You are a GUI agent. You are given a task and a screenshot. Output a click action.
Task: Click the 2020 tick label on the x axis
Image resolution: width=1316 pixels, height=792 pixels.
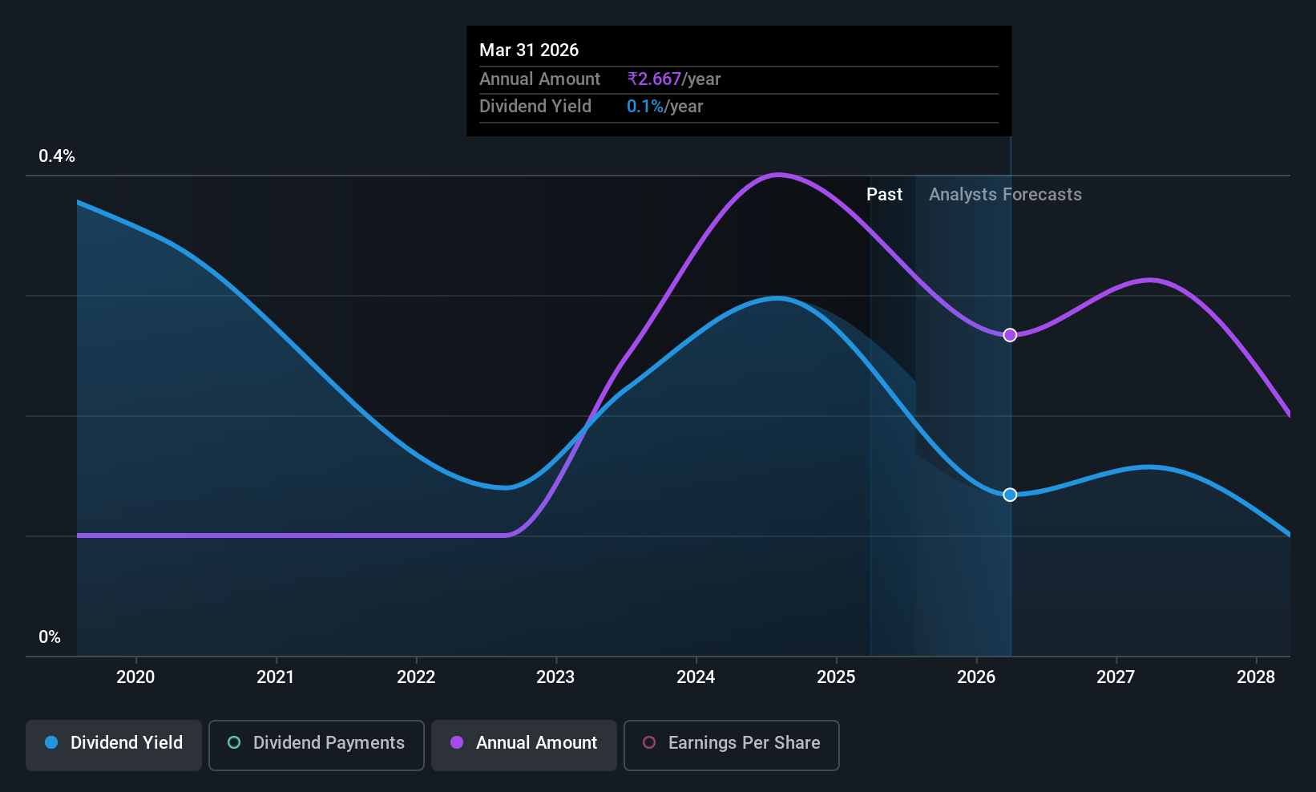coord(135,677)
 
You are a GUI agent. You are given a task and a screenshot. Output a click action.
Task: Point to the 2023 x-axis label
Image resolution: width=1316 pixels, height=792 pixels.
coord(555,677)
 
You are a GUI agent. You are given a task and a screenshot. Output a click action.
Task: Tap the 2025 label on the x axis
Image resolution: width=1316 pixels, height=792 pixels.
coord(836,677)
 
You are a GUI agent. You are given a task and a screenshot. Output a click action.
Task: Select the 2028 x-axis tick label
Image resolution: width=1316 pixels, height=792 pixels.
coord(1256,677)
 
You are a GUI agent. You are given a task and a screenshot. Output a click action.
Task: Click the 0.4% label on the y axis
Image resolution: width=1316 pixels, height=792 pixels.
coord(57,156)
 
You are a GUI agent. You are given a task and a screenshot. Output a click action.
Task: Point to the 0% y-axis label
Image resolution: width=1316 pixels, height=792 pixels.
coord(50,637)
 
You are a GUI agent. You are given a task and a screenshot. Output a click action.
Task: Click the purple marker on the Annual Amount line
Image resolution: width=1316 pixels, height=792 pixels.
coord(1010,335)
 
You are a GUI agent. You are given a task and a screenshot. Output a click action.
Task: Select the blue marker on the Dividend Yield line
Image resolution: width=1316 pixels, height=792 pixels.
coord(1010,495)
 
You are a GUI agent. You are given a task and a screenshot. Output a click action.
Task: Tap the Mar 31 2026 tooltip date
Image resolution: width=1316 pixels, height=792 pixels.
coord(529,50)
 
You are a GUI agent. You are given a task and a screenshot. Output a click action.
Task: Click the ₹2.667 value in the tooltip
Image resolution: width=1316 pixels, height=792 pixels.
coord(654,79)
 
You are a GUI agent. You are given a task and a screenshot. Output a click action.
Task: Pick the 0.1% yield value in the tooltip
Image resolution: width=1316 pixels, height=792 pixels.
coord(645,107)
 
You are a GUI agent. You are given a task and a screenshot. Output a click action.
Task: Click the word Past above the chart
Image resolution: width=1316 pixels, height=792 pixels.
coord(884,195)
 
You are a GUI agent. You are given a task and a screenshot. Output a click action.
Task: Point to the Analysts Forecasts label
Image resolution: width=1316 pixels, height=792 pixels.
coord(1005,195)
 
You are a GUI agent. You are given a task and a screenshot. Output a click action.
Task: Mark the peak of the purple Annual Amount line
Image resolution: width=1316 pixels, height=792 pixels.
coord(778,175)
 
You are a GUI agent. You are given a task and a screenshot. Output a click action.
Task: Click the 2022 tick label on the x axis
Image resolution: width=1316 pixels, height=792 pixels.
coord(416,677)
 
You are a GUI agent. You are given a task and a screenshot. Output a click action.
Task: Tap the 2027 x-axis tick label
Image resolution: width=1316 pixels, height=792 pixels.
coord(1116,677)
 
